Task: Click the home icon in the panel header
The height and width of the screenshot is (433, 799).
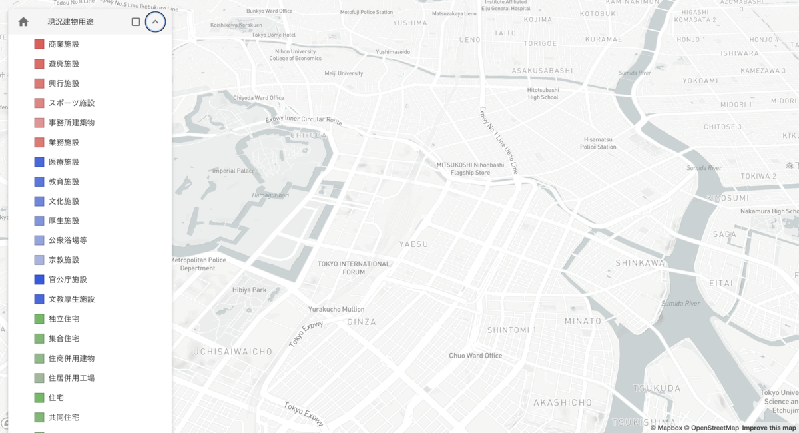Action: [23, 22]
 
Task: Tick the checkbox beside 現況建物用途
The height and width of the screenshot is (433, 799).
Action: [136, 22]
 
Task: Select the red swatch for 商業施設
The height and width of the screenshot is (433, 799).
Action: [39, 44]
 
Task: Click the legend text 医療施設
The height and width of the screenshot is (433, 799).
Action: [64, 162]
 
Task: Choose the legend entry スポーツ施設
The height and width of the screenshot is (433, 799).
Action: [71, 103]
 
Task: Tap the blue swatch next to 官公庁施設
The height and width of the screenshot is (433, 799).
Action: [39, 280]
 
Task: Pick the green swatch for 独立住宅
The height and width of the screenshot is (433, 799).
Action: [39, 319]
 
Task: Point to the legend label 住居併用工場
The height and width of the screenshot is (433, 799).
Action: [71, 378]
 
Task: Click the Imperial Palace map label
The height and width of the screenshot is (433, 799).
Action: [234, 171]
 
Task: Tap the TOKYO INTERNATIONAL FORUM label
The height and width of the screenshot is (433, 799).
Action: [354, 268]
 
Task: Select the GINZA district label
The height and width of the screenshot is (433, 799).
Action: [362, 322]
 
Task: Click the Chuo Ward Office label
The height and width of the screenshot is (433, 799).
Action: [475, 356]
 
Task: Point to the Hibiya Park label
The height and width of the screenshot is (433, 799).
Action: [250, 290]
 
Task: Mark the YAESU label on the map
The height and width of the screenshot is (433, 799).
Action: [413, 244]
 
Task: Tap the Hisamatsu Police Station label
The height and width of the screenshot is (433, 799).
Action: [598, 143]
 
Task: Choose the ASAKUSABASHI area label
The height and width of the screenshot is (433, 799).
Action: [542, 71]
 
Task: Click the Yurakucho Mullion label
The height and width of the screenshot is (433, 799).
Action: [336, 309]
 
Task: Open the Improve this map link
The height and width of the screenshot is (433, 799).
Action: [770, 428]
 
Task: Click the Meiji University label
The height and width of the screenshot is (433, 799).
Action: [344, 73]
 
